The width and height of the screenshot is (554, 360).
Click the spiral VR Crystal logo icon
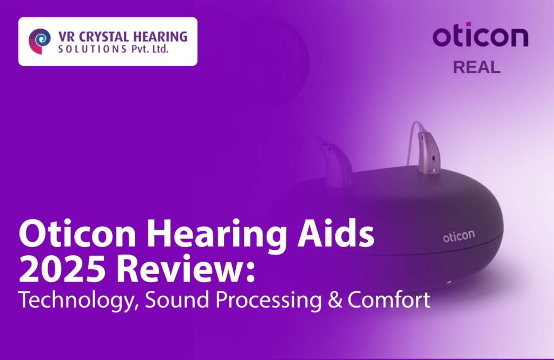click(x=39, y=41)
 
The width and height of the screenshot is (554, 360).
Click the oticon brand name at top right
click(x=480, y=35)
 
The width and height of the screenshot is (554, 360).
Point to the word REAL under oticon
click(x=477, y=67)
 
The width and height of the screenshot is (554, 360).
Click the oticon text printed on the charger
click(x=459, y=236)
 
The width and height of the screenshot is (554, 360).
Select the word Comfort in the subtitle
click(x=389, y=299)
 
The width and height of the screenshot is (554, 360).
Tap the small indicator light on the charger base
click(x=449, y=282)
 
